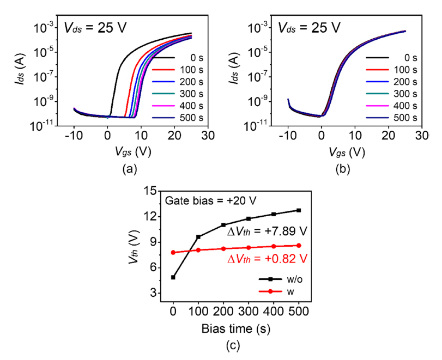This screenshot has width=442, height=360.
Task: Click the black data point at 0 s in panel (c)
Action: coord(173,277)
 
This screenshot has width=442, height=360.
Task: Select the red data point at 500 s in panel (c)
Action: coord(299,246)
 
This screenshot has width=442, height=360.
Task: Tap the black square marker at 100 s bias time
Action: coord(198,237)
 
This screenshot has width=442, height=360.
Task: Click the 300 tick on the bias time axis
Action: coord(249,312)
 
